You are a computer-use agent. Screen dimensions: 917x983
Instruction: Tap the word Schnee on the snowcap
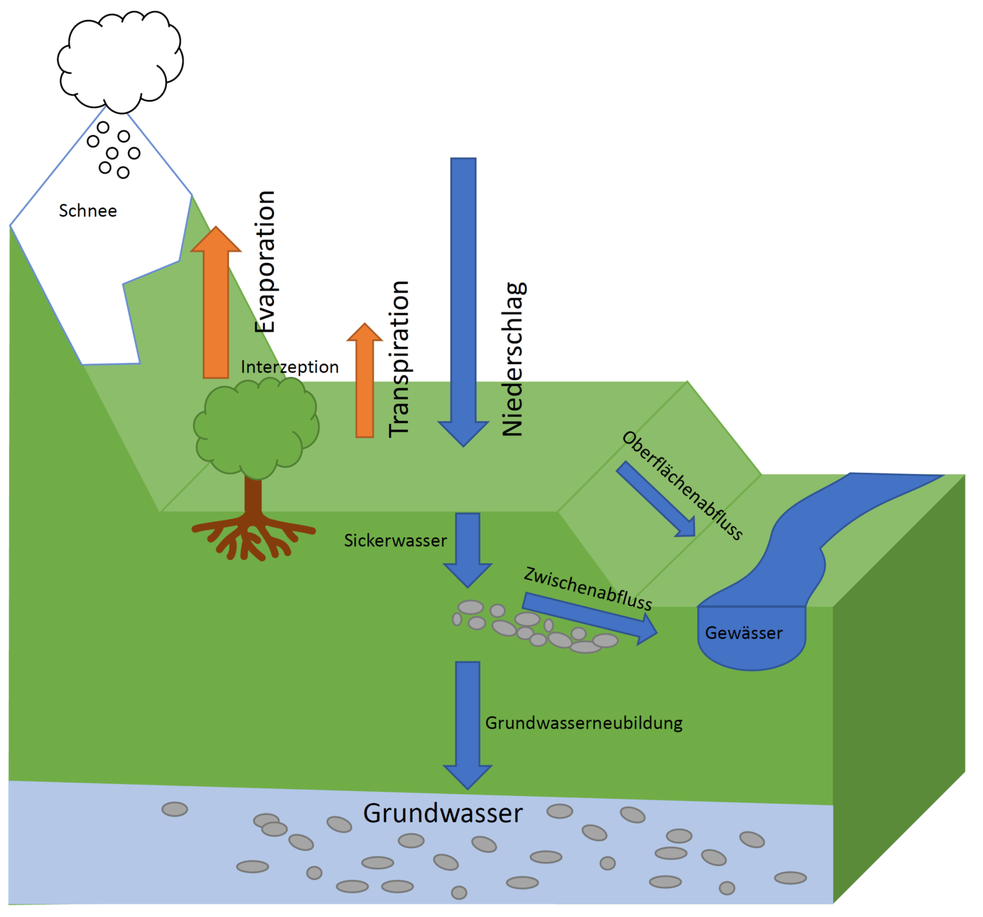[x=88, y=211]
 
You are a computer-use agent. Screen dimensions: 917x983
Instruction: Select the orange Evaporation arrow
[x=216, y=307]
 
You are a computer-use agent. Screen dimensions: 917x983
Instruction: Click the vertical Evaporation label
[x=265, y=261]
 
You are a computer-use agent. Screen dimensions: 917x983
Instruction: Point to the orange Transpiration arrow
[x=365, y=384]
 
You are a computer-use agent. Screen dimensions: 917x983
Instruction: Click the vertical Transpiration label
[x=399, y=359]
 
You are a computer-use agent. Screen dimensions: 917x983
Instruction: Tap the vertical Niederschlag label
[x=513, y=359]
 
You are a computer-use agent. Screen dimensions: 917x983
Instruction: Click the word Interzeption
[x=289, y=367]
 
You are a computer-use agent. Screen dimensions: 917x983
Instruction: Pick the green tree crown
[x=256, y=426]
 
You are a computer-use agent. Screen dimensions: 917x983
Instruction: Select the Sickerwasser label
[x=396, y=541]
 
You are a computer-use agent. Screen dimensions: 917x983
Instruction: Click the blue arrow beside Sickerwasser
[x=468, y=547]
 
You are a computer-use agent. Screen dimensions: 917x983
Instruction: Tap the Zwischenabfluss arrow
[x=589, y=616]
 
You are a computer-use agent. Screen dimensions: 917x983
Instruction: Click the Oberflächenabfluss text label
[x=682, y=486]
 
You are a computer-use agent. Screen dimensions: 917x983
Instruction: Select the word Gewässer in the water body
[x=744, y=634]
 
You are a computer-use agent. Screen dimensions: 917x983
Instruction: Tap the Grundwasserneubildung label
[x=584, y=723]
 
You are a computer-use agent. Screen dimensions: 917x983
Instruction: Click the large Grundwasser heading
[x=443, y=813]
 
